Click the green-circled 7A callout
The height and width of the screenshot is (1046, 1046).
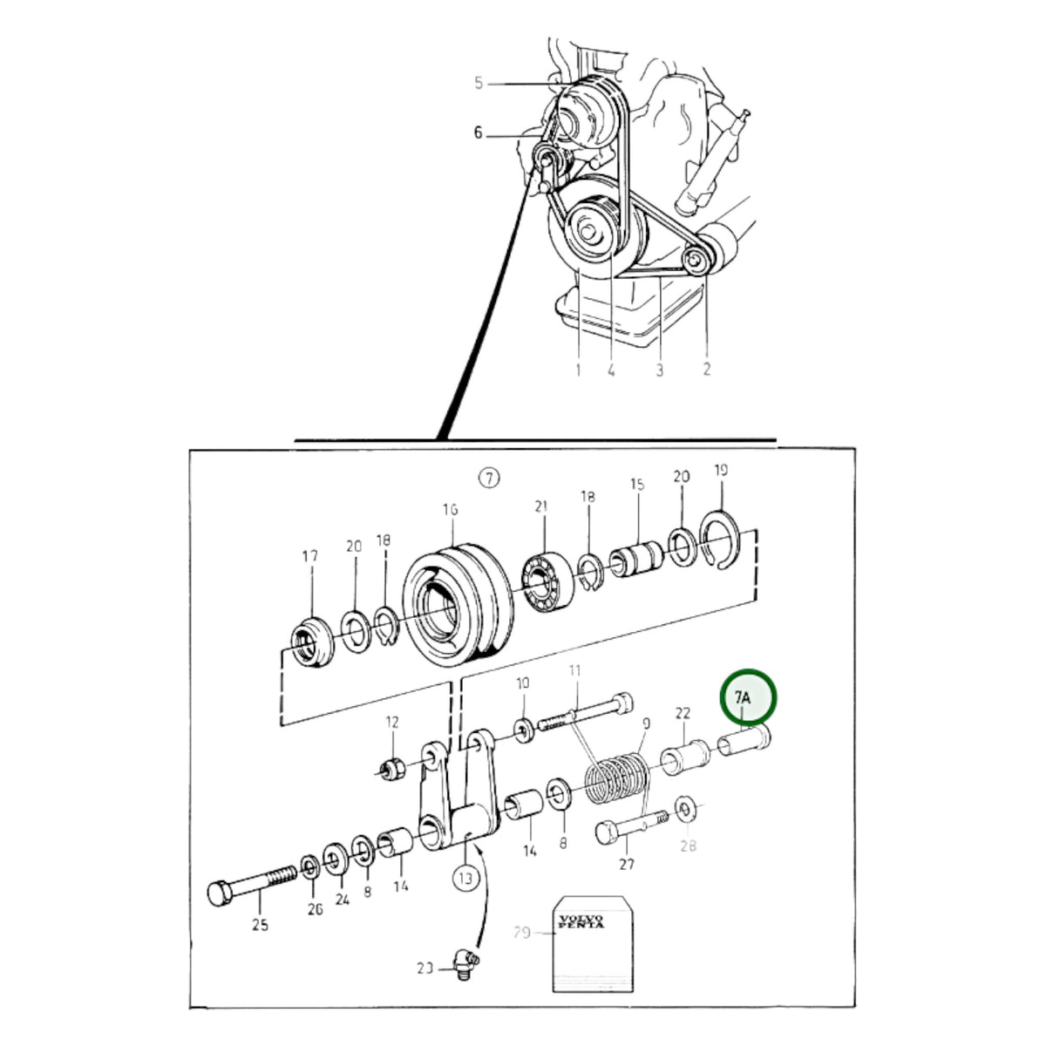(x=748, y=697)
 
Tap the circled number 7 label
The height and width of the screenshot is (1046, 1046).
(x=489, y=478)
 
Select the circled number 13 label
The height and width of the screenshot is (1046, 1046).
(x=465, y=878)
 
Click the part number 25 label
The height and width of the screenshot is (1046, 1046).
(x=260, y=925)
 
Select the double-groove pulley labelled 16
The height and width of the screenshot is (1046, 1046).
(x=458, y=603)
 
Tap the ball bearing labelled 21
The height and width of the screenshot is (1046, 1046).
(x=547, y=581)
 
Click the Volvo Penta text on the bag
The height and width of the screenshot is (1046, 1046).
(x=581, y=921)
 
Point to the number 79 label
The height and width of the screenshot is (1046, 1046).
(x=521, y=934)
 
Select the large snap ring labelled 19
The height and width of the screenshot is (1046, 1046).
(x=720, y=540)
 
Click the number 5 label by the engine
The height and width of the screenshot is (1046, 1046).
(x=479, y=83)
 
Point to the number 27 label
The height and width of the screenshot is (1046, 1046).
(x=627, y=864)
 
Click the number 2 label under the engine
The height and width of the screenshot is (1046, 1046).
(x=707, y=369)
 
